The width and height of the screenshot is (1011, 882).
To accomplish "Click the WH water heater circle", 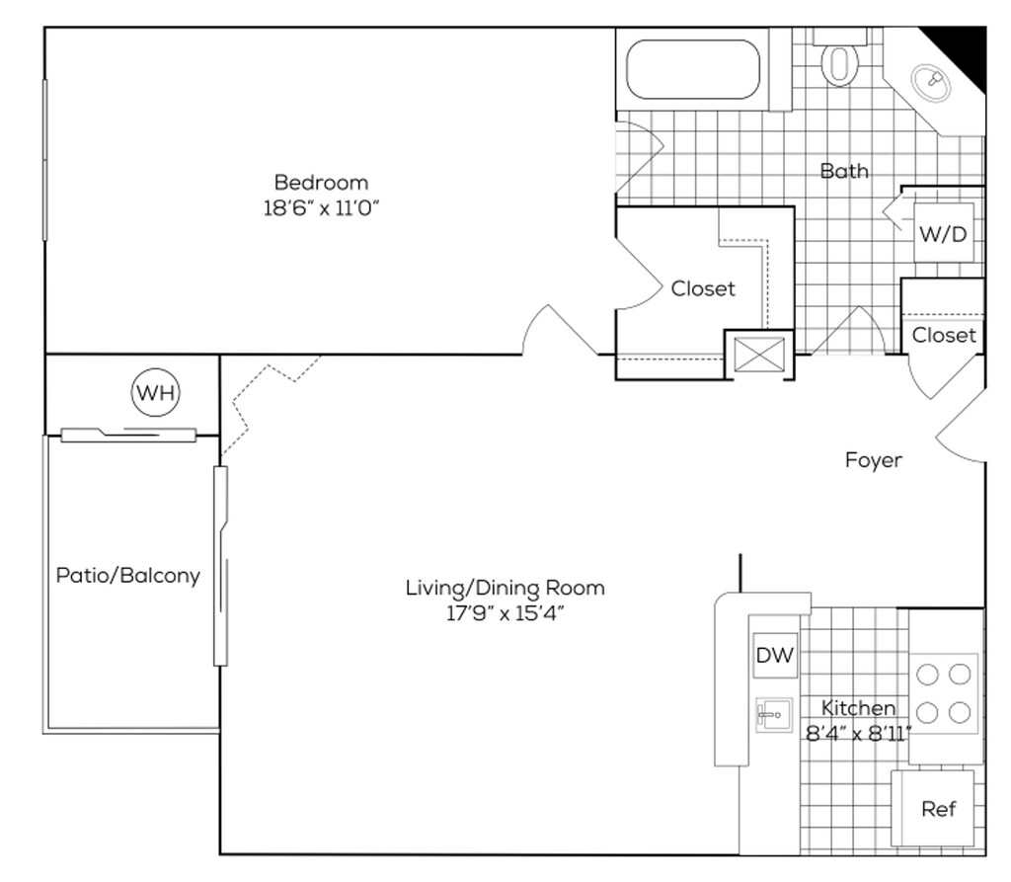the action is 155,392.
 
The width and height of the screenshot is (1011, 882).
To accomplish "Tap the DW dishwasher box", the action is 775,655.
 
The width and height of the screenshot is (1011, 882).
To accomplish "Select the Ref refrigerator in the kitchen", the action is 933,809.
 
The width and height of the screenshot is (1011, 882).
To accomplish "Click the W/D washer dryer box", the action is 943,232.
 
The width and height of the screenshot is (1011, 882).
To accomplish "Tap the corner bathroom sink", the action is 930,82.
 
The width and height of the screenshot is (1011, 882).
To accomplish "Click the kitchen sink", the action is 774,715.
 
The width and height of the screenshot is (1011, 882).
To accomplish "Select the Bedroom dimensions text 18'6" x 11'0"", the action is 321,207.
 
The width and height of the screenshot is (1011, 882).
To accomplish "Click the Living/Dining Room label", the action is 505,588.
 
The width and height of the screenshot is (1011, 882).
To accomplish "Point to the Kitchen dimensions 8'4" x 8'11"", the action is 858,734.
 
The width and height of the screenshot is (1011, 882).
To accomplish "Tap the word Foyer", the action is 874,460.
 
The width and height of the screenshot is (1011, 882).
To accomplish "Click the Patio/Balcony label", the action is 128,575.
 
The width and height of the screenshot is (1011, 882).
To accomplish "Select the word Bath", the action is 844,171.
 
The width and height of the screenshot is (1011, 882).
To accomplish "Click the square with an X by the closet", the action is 759,355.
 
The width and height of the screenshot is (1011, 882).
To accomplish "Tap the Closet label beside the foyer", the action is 944,335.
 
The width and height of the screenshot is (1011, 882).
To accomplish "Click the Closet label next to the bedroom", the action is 703,288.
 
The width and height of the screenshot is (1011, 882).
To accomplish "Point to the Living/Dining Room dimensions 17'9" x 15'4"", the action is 505,613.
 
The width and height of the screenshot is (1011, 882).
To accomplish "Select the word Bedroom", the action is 321,182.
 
